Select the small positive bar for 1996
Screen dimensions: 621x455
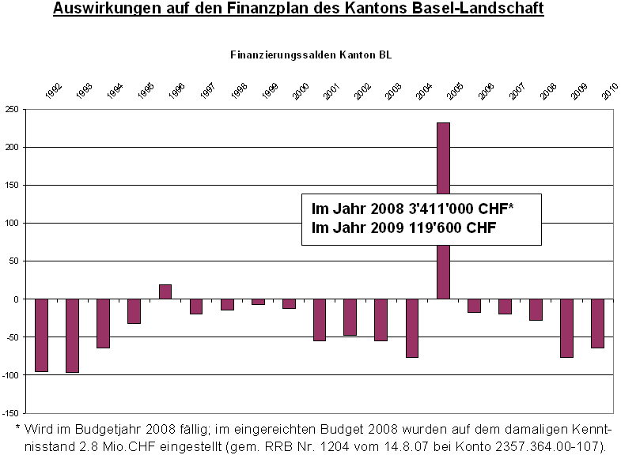coord(165,291)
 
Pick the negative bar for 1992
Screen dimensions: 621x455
coord(42,335)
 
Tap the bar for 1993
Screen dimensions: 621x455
coord(73,336)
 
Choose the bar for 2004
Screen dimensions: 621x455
coord(412,328)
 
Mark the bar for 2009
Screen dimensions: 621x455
coord(566,328)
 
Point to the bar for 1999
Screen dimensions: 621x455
coord(258,302)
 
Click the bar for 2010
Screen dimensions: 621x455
coord(597,323)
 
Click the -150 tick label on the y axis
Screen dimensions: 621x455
coord(10,413)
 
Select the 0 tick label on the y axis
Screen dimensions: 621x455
coord(17,299)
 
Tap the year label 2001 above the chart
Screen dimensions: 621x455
coord(331,91)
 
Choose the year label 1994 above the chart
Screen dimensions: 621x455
coord(115,91)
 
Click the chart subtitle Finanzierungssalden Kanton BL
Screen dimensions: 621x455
coord(311,55)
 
